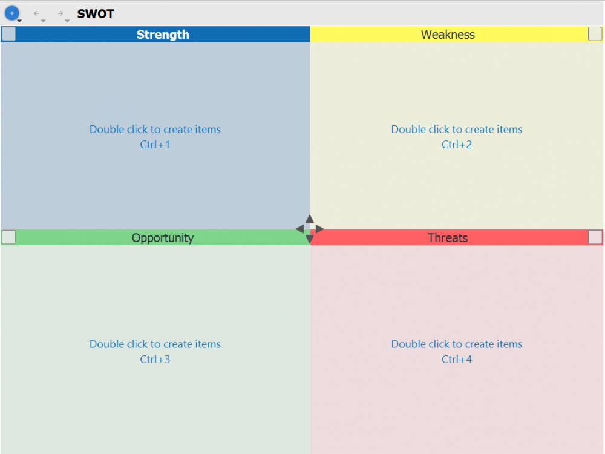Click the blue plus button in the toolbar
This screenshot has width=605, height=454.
[11, 13]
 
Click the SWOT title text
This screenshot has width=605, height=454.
[96, 14]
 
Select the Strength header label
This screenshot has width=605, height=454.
[163, 35]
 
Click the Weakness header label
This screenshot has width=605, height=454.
[448, 35]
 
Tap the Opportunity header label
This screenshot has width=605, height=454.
[163, 238]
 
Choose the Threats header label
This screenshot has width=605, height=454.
[448, 238]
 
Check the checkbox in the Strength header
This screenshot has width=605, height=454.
[8, 34]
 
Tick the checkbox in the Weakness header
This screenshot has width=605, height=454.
[595, 34]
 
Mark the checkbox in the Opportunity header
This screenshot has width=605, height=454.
[8, 237]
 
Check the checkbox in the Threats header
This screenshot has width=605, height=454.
[595, 237]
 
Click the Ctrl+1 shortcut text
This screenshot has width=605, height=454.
[155, 145]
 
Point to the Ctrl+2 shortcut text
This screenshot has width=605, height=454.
[457, 145]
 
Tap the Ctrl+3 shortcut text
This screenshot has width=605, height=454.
[155, 360]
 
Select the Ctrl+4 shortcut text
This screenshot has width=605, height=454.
[457, 360]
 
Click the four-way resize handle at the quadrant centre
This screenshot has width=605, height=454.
[310, 229]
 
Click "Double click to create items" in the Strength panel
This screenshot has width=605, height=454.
[155, 130]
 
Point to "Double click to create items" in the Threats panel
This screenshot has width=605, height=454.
[457, 344]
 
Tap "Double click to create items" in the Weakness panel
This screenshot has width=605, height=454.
[457, 130]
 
